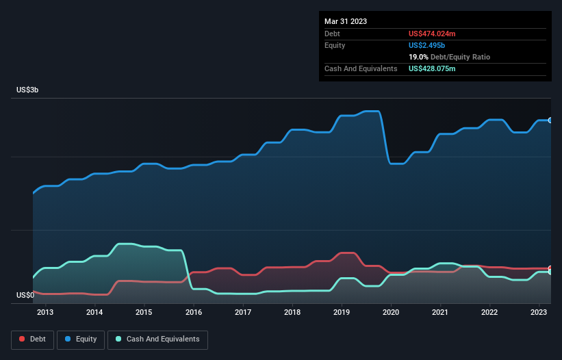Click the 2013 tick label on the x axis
(45, 313)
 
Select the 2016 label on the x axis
(194, 313)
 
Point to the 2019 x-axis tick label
(342, 313)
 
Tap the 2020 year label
(391, 313)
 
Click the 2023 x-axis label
(539, 313)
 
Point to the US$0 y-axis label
(25, 296)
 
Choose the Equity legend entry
(80, 339)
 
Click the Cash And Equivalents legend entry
(157, 339)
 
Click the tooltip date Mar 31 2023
(346, 21)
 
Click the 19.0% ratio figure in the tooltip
(418, 57)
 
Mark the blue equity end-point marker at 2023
(550, 120)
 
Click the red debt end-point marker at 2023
(550, 268)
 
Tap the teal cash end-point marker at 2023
(550, 272)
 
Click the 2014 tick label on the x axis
(94, 313)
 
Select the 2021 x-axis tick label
(440, 313)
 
